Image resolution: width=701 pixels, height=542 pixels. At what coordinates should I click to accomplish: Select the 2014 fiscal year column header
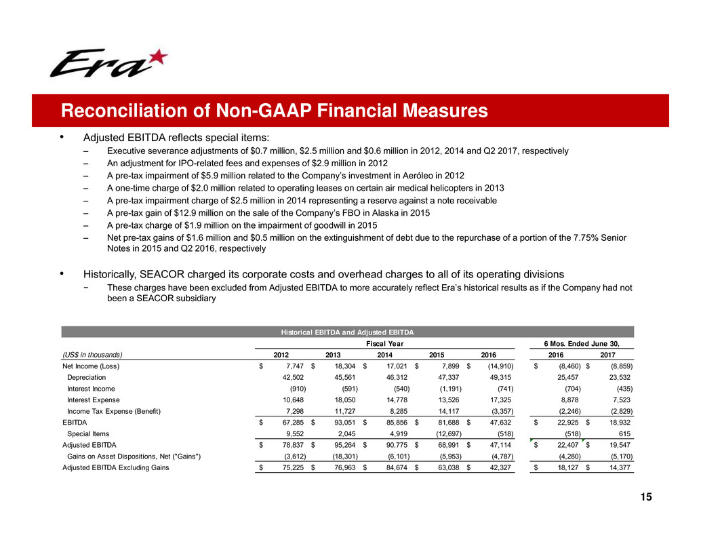coord(385,353)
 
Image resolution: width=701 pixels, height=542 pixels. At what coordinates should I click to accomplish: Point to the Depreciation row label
coord(87,376)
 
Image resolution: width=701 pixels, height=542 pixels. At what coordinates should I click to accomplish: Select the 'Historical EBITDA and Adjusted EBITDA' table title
coord(348,332)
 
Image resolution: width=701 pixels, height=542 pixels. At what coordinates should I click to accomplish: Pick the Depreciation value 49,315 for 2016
coord(502,376)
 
